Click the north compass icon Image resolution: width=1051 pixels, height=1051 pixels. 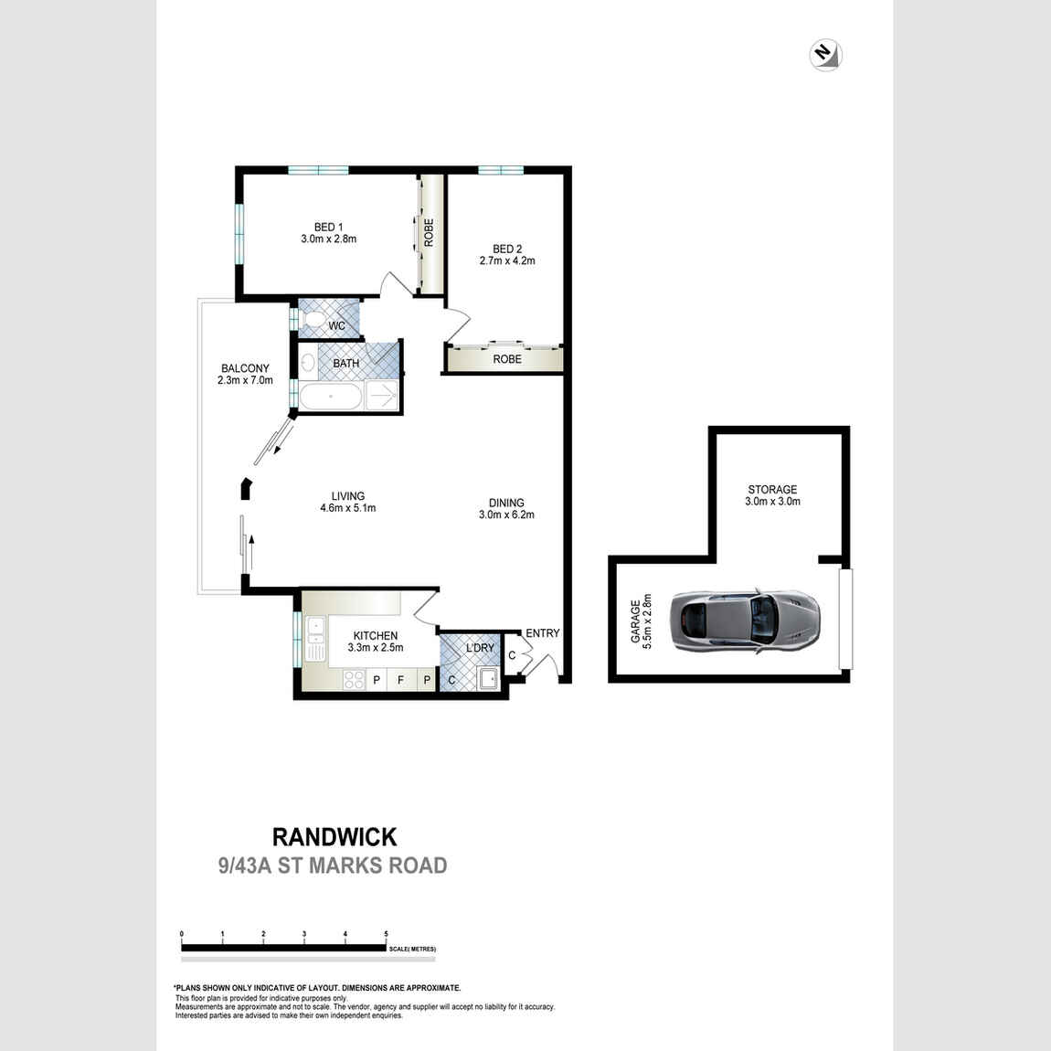point(825,55)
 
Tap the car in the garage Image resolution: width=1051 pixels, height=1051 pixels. point(746,621)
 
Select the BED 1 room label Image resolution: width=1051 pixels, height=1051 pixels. point(328,228)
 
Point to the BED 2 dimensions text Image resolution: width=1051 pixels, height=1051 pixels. point(507,260)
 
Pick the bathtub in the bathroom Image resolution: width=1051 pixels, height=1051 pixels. point(331,397)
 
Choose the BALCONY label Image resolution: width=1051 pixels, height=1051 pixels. point(245,368)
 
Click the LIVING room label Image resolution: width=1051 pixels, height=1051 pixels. point(348,496)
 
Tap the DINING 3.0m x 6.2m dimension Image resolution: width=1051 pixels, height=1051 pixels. point(506,515)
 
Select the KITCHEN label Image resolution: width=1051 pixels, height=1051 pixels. point(376,635)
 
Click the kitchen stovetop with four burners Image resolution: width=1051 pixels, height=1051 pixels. point(354,680)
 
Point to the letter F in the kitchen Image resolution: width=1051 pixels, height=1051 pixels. point(401,680)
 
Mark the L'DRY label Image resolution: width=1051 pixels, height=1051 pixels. point(480,648)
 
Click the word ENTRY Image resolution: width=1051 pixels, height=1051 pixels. point(542,632)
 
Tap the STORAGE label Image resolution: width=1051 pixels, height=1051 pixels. point(773,489)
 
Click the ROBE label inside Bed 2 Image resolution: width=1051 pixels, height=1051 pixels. point(507,359)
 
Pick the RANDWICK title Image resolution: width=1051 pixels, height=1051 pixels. point(334,836)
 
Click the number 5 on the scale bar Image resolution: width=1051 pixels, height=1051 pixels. point(386,934)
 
